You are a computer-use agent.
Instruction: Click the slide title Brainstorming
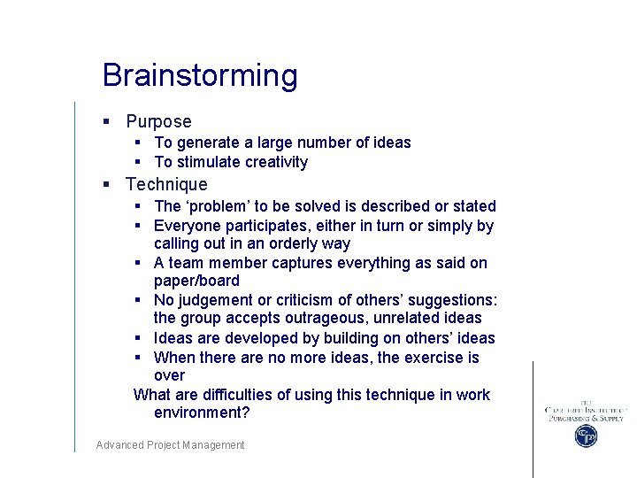200,76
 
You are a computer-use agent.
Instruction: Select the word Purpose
158,122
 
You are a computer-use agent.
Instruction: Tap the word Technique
166,185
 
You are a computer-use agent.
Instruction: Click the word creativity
276,162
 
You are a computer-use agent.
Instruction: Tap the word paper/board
196,281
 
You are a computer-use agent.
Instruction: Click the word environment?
202,412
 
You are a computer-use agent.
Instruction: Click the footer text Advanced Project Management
170,445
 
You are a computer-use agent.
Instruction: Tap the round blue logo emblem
586,436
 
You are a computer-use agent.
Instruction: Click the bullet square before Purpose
106,122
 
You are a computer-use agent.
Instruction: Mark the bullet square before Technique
106,185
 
